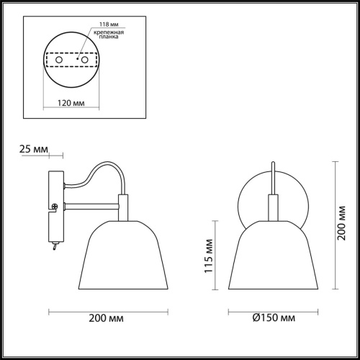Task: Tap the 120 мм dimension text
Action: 70,103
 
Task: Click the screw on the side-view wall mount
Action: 55,207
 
